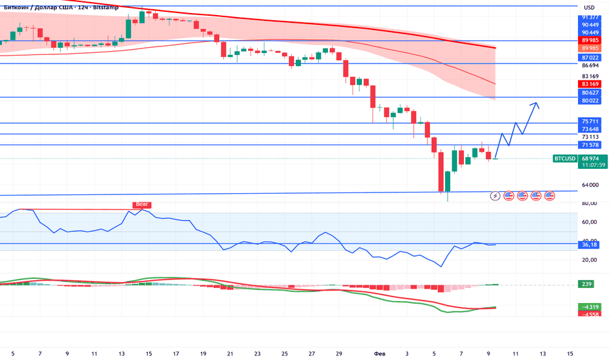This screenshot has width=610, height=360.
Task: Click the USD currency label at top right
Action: pos(588,7)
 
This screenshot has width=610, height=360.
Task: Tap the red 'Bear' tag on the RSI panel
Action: pos(142,205)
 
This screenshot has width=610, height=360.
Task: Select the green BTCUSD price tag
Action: pos(565,158)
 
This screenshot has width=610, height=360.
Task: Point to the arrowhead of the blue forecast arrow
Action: pos(537,103)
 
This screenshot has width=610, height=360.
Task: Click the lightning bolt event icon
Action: pos(495,195)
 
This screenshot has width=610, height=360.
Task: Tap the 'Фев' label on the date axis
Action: pos(380,353)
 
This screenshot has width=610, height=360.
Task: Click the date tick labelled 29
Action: pos(338,353)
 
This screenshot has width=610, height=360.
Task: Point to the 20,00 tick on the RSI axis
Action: pos(589,260)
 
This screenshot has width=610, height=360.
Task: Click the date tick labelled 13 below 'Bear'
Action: pos(122,353)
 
